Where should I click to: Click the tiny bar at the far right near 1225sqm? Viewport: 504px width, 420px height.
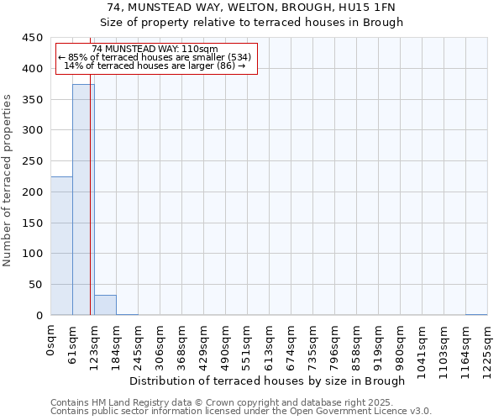[x=476, y=314]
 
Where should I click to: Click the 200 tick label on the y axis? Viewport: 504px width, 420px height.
[x=33, y=192]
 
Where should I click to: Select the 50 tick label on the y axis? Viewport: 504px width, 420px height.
[x=36, y=284]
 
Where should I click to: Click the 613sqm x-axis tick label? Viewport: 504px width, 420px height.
[x=270, y=343]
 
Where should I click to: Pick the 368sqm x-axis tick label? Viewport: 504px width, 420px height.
[x=182, y=343]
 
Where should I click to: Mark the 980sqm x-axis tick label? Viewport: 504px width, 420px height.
[x=401, y=343]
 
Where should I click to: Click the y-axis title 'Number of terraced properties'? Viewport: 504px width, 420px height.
[x=8, y=181]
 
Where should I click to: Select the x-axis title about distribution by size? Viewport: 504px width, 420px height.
[x=268, y=381]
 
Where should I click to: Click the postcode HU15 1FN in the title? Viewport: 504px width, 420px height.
[x=370, y=7]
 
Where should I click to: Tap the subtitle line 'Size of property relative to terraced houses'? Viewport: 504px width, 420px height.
[x=251, y=22]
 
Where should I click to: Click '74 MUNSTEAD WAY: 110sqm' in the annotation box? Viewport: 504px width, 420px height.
[x=155, y=50]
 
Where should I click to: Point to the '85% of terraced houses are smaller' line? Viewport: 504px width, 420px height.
[x=155, y=57]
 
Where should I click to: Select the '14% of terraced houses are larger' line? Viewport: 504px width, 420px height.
[x=155, y=66]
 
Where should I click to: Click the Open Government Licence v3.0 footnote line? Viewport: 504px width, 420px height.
[x=240, y=412]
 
